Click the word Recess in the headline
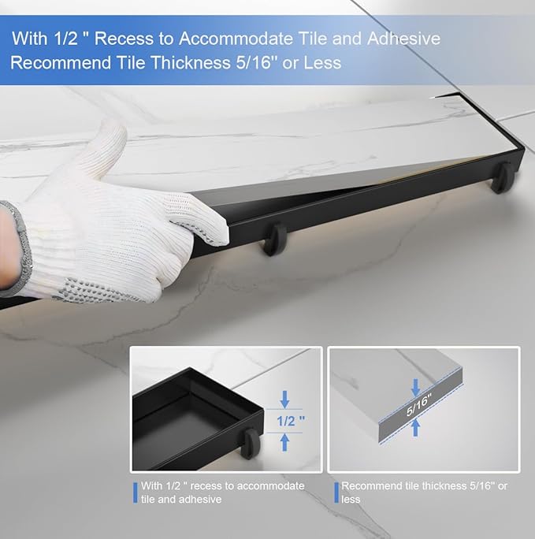tap(124, 38)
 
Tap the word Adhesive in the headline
tap(403, 38)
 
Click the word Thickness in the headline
tap(191, 62)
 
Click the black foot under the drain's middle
tap(275, 240)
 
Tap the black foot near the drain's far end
tap(503, 178)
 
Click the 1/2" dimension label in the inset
tap(291, 421)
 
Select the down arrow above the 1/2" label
tap(284, 399)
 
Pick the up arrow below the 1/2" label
tap(284, 442)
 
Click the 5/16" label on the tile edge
tap(418, 406)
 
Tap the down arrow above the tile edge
tap(416, 387)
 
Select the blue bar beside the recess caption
tap(136, 493)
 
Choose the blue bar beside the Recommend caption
tap(336, 493)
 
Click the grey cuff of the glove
tap(17, 248)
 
